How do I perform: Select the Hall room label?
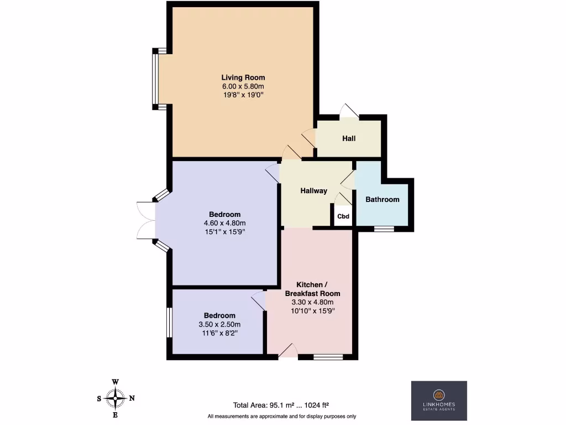coord(349,138)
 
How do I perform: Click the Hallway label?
coord(313,191)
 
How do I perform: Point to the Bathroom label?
coord(382,199)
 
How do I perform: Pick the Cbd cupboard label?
coord(343,216)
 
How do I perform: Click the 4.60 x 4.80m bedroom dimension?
coord(224,223)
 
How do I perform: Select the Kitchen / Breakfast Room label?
coord(313,288)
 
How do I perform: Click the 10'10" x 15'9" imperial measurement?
coord(313,311)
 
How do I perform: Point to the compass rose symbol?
coord(116,398)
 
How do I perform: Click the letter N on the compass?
coord(132,398)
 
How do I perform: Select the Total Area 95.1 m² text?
coord(282,405)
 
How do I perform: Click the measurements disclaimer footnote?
coord(282,416)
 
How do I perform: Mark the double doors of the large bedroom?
coord(145,220)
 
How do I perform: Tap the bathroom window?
coord(384,229)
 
